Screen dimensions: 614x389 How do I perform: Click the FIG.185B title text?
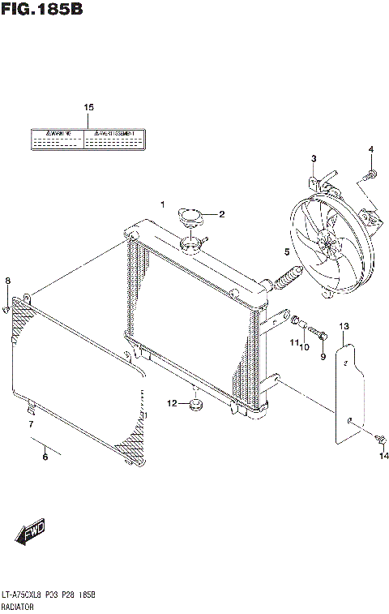coord(42,11)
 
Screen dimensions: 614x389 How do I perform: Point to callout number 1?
coord(162,204)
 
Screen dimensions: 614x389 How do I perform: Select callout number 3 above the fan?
coord(314,157)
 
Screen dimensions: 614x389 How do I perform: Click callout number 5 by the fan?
coord(287,252)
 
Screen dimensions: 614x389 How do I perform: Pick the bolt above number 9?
coord(318,331)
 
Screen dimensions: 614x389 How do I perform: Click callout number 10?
coord(305,346)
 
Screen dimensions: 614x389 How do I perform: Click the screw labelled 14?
coord(379,438)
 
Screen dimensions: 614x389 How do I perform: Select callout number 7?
coord(30,424)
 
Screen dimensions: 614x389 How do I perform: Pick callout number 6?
coord(45,457)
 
